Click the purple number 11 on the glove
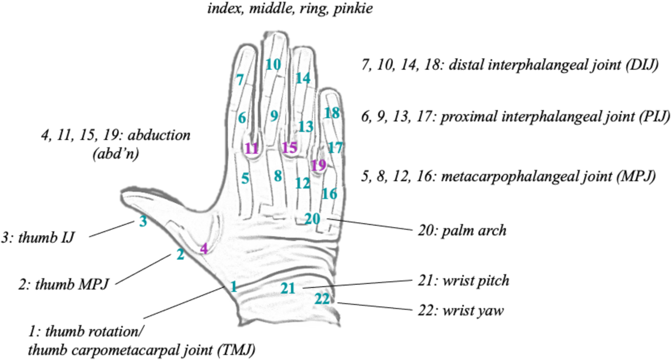(252, 148)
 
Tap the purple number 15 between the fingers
(290, 147)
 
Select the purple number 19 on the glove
(319, 165)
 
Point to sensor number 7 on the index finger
(240, 80)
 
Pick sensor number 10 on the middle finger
(273, 64)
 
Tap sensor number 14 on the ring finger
(303, 78)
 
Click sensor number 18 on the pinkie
(332, 113)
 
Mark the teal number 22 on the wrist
(322, 298)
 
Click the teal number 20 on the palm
(312, 218)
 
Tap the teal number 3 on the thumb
(143, 221)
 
